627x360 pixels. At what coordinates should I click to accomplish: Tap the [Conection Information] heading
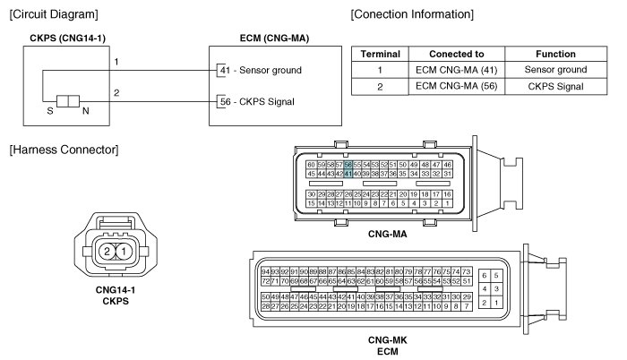point(412,13)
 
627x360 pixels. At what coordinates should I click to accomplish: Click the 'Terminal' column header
point(380,54)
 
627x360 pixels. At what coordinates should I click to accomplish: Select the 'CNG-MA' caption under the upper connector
point(387,233)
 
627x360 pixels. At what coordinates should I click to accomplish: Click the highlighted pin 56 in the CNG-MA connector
point(348,166)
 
